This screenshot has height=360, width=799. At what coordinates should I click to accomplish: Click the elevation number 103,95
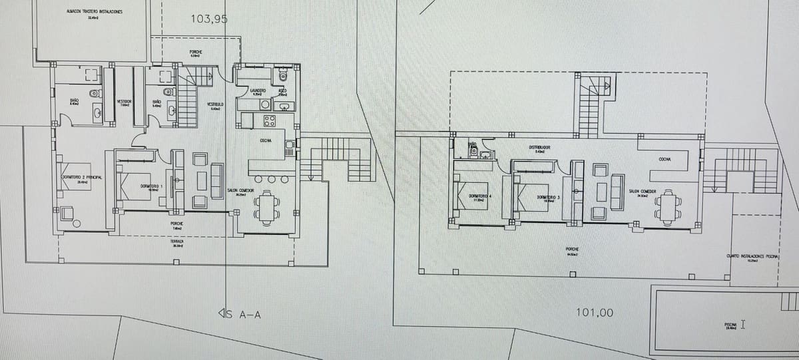pyautogui.click(x=208, y=19)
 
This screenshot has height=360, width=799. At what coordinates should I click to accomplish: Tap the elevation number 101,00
pyautogui.click(x=597, y=312)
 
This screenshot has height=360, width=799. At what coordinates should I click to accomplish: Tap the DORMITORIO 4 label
pyautogui.click(x=479, y=196)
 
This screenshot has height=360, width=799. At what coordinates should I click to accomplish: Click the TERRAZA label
pyautogui.click(x=177, y=242)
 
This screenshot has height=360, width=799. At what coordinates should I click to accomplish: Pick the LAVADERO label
pyautogui.click(x=258, y=90)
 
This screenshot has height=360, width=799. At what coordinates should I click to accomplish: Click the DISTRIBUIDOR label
pyautogui.click(x=540, y=147)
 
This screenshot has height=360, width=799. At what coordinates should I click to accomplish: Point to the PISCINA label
pyautogui.click(x=730, y=325)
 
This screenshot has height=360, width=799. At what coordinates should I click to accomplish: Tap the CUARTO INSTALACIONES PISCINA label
pyautogui.click(x=752, y=256)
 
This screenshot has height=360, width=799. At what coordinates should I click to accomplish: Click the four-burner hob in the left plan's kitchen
pyautogui.click(x=270, y=120)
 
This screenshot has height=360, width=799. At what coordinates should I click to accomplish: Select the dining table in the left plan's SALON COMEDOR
pyautogui.click(x=267, y=208)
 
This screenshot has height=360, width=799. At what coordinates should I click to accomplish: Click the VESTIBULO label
pyautogui.click(x=214, y=104)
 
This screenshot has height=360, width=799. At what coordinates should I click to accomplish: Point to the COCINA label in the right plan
pyautogui.click(x=664, y=159)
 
